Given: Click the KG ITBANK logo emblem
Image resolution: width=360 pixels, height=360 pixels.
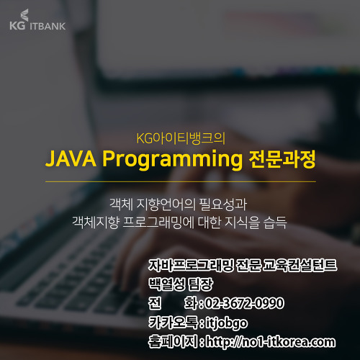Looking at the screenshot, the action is (24, 15).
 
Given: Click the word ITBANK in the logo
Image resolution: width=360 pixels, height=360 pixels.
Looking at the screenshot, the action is (48, 26).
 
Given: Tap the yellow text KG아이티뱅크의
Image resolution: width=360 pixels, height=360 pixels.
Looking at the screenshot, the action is (181, 138).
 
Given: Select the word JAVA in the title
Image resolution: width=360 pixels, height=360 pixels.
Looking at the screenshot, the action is (71, 158).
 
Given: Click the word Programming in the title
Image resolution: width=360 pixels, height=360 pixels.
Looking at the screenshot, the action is (172, 160).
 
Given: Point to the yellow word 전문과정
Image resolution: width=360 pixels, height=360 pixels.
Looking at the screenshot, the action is (282, 159).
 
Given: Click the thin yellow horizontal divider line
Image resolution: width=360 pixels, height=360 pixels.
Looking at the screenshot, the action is (181, 181).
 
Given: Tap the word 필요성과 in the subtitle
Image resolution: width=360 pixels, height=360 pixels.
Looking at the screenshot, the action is (223, 204).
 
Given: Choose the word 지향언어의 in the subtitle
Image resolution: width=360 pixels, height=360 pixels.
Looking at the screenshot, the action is (165, 204).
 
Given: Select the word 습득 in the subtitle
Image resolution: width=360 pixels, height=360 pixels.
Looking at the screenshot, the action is (275, 222).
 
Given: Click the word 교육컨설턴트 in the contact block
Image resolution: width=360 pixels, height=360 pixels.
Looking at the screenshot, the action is (300, 266).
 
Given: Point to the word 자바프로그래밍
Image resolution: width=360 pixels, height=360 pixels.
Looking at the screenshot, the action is (191, 266).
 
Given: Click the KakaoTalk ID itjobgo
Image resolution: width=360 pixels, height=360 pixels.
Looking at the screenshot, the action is (227, 323).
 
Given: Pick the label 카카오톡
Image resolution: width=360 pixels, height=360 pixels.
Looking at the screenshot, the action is (173, 322).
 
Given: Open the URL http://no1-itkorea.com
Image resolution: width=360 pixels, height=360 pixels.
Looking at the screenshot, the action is (271, 342).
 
